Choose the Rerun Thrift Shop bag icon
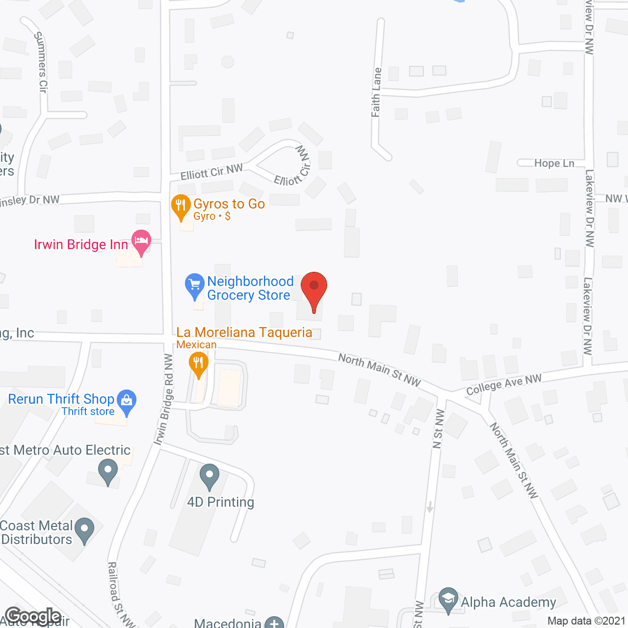pos(127,401)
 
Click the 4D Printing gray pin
pos(209,475)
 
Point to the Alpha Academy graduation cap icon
pos(448,599)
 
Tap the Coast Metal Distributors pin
pos(84,530)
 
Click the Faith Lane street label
pos(376,92)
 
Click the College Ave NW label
pos(503,384)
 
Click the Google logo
pos(33,616)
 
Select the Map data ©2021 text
pos(586,621)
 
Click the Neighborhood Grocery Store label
pos(250,288)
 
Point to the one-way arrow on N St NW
pos(430,506)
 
